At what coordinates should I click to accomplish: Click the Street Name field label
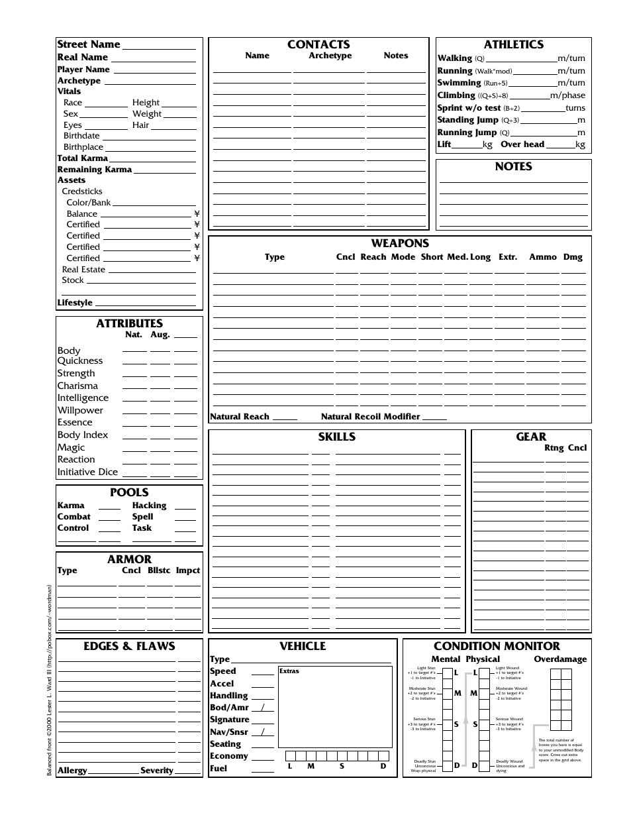point(89,44)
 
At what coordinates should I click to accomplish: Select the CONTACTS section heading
point(318,44)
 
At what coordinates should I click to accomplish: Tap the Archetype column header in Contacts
point(330,56)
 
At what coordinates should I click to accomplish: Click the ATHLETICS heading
point(513,44)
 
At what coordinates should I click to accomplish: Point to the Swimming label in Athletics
point(459,83)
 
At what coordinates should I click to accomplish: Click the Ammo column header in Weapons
point(543,257)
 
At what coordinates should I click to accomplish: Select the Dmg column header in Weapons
point(573,257)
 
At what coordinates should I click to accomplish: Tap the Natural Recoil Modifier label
point(370,417)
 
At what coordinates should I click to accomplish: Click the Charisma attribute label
point(77,386)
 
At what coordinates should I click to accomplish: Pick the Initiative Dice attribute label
point(87,472)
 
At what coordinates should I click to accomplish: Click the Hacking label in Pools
point(149,506)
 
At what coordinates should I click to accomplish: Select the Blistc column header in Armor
point(159,570)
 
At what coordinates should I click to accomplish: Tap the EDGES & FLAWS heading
point(129,646)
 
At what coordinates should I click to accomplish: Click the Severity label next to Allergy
point(156,771)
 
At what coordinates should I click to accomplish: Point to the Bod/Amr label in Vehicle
point(229,708)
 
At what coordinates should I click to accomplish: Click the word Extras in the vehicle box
point(289,671)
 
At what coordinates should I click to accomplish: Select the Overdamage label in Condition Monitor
point(560,659)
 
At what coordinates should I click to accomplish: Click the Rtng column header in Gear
point(554,448)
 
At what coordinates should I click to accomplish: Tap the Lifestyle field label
point(75,303)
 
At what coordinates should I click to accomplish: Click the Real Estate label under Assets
point(83,270)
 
